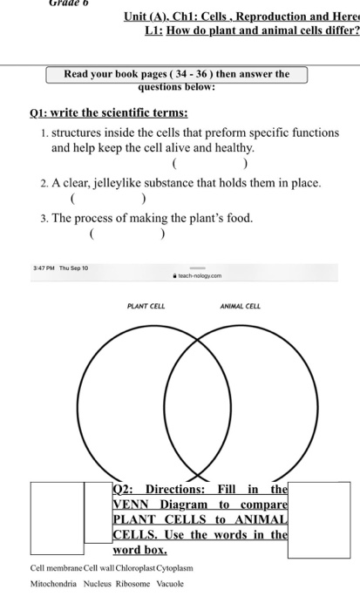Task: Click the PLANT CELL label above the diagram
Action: (x=146, y=307)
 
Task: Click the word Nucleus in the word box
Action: (x=98, y=583)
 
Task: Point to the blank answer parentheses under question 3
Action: (x=127, y=234)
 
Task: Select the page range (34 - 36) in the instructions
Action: (x=196, y=75)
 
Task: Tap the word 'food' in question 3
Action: (x=236, y=218)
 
